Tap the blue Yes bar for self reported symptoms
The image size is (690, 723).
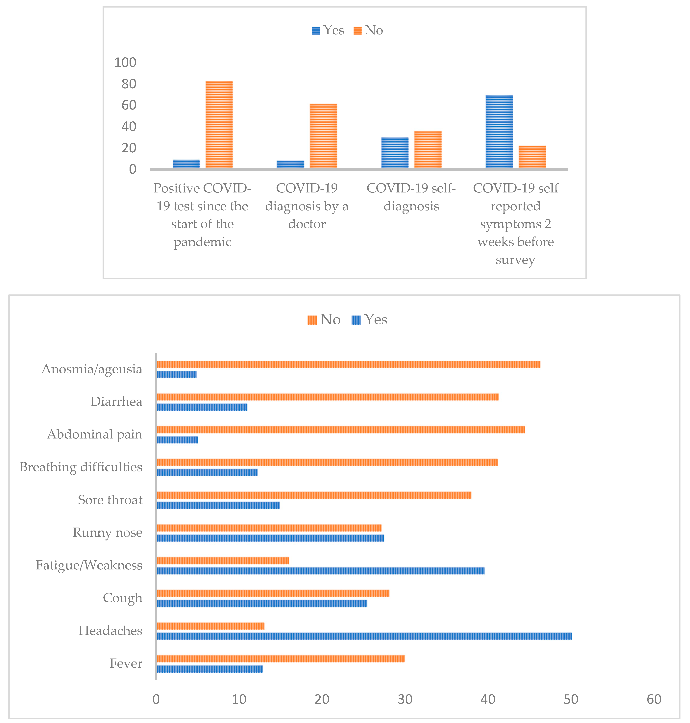499,132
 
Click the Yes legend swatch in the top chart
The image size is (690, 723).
316,31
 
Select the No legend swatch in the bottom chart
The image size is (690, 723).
312,320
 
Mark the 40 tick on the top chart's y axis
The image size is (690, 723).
129,127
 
